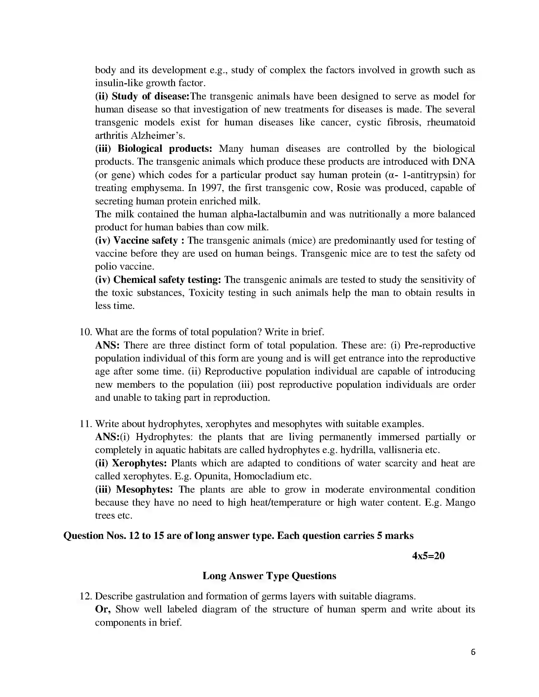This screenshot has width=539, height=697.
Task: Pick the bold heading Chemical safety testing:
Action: coord(167,279)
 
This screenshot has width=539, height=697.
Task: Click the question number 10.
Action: coord(85,332)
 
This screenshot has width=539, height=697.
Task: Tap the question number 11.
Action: coord(85,424)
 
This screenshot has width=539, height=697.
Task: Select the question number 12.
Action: coord(85,596)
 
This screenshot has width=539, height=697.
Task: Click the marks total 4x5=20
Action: coord(428,556)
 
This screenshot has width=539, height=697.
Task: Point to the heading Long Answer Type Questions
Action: coord(269,576)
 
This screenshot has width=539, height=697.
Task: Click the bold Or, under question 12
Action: coord(103,609)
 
